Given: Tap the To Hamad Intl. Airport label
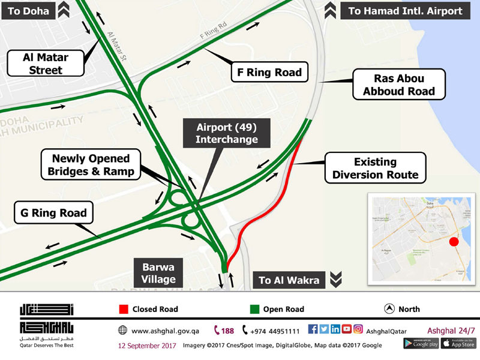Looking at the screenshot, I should (x=406, y=10).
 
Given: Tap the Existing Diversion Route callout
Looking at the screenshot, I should (x=375, y=168).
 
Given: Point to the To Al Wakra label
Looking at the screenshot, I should (x=290, y=280).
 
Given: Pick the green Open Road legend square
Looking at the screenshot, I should (x=254, y=310).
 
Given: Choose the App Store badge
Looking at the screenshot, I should (x=458, y=343).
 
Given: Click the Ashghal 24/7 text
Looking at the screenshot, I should (x=451, y=330).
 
